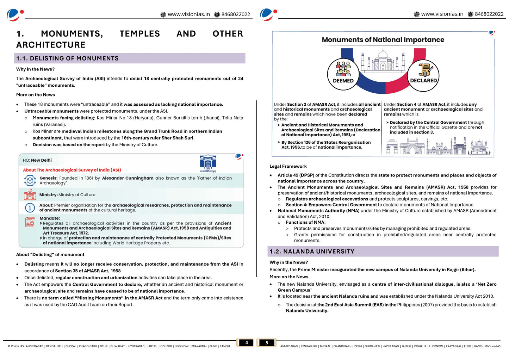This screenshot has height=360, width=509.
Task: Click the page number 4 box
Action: click(x=246, y=342)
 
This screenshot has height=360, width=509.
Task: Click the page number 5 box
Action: click(x=267, y=342)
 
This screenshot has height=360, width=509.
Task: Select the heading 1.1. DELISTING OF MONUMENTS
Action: click(x=67, y=58)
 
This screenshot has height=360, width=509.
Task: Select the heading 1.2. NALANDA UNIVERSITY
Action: click(x=312, y=252)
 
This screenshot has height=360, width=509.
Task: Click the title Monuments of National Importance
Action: click(x=383, y=40)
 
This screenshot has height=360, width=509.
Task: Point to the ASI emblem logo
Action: click(x=208, y=163)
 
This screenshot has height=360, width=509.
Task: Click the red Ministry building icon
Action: click(x=30, y=194)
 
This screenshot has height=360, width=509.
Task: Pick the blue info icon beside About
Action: click(x=30, y=208)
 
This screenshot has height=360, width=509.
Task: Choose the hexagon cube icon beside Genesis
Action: click(x=30, y=180)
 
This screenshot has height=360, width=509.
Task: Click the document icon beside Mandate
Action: click(x=30, y=222)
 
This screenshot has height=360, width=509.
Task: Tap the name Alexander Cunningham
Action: click(x=128, y=178)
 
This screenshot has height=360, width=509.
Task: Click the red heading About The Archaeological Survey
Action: click(x=72, y=170)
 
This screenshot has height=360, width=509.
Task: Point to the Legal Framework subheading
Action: click(x=288, y=166)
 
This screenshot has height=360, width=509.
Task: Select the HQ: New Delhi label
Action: click(x=37, y=160)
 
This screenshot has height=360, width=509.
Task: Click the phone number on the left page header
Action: click(x=235, y=14)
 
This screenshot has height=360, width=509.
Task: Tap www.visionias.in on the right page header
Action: click(x=442, y=14)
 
